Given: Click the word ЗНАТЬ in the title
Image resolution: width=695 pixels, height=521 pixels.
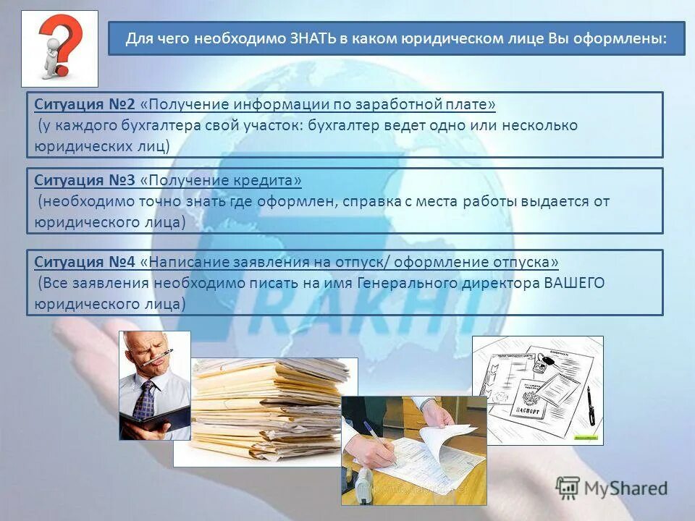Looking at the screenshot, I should [312, 38].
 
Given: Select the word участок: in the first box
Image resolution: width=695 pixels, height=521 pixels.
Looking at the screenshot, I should [271, 125].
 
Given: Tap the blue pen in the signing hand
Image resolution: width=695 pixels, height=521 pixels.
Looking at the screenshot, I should [377, 437].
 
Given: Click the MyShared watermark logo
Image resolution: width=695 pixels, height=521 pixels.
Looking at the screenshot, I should [612, 488].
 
